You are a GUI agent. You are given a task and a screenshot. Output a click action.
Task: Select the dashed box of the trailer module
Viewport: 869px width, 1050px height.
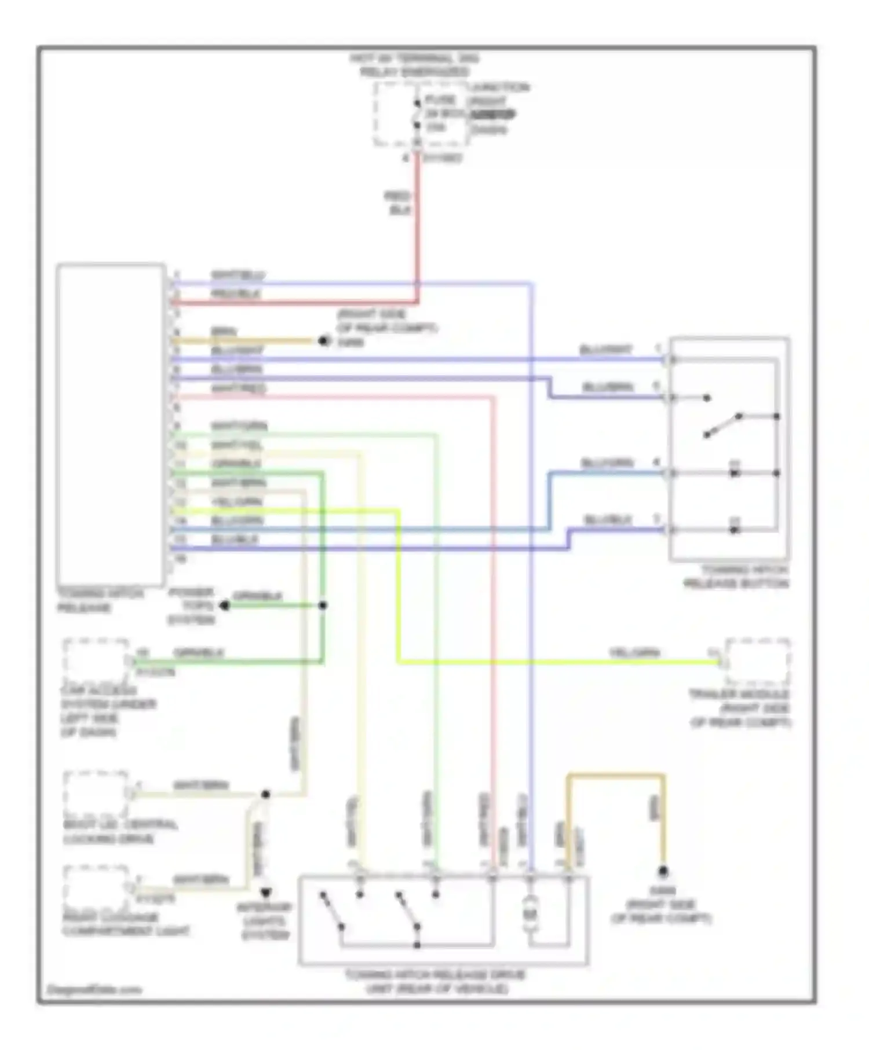(x=757, y=662)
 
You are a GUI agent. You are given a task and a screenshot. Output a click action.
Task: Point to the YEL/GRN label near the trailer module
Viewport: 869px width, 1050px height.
(x=634, y=653)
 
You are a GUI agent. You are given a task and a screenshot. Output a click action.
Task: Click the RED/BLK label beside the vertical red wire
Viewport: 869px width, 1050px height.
(x=398, y=203)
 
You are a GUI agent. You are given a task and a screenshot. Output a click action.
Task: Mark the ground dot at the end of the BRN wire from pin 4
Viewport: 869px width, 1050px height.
(x=323, y=341)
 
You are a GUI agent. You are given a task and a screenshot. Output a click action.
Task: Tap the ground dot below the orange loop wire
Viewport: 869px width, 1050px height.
(x=663, y=872)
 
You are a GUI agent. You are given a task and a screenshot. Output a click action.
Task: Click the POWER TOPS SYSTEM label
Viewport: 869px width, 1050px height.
(x=191, y=605)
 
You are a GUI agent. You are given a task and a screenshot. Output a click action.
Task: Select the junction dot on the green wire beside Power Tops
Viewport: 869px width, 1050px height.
(x=323, y=605)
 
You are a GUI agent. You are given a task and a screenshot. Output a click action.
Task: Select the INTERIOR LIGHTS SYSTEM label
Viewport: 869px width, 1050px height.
(x=265, y=921)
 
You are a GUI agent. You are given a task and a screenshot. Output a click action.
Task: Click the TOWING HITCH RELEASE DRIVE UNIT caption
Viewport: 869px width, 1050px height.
(x=435, y=982)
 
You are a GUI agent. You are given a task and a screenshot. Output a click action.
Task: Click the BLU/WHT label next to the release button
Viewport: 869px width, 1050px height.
(x=605, y=350)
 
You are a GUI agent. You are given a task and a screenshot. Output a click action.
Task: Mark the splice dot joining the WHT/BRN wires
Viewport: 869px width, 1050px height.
(x=265, y=794)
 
